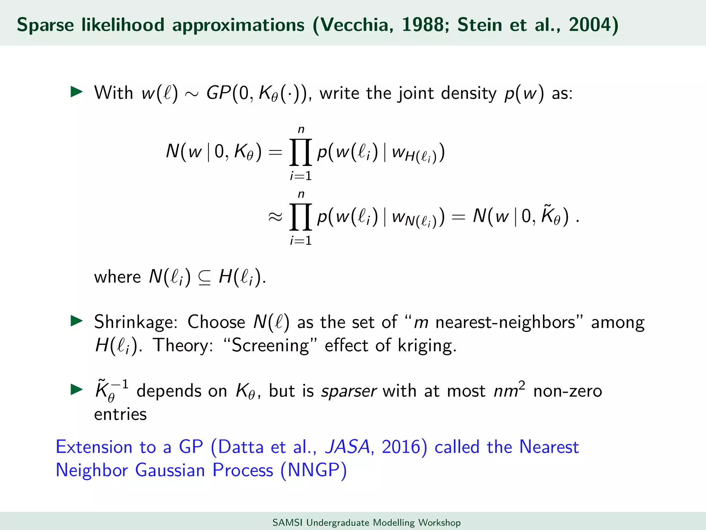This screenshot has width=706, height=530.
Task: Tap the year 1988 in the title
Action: click(x=425, y=25)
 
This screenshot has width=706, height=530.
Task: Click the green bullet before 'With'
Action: click(x=77, y=92)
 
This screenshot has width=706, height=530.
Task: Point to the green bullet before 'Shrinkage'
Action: click(x=77, y=321)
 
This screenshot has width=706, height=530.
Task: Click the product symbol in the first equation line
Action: click(x=301, y=152)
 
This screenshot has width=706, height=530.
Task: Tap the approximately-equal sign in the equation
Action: click(x=275, y=217)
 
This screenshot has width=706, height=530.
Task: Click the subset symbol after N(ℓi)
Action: click(x=204, y=278)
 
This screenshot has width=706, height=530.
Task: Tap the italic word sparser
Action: click(x=349, y=391)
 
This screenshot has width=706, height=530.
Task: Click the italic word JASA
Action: click(x=348, y=447)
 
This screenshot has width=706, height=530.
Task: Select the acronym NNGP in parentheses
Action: click(x=313, y=470)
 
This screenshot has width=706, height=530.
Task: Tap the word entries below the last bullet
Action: click(x=120, y=414)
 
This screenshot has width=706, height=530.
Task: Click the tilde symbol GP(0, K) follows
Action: click(x=192, y=94)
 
